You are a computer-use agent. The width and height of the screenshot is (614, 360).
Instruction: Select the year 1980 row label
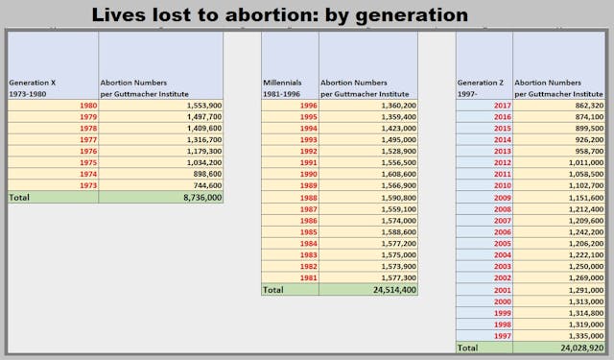coord(86,105)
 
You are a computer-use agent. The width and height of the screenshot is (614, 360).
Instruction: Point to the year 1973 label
coord(86,185)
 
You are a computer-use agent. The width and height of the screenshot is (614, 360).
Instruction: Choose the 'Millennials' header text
coord(282,83)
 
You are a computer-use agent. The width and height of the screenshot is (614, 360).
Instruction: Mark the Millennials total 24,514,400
coord(391,289)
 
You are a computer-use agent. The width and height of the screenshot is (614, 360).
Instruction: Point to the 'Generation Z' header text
coord(479,83)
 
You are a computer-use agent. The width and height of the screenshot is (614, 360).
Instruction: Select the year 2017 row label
coord(500,105)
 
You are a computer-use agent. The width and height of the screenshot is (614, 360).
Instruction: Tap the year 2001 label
coord(500,289)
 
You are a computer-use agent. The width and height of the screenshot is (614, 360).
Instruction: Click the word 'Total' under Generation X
coord(19,197)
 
